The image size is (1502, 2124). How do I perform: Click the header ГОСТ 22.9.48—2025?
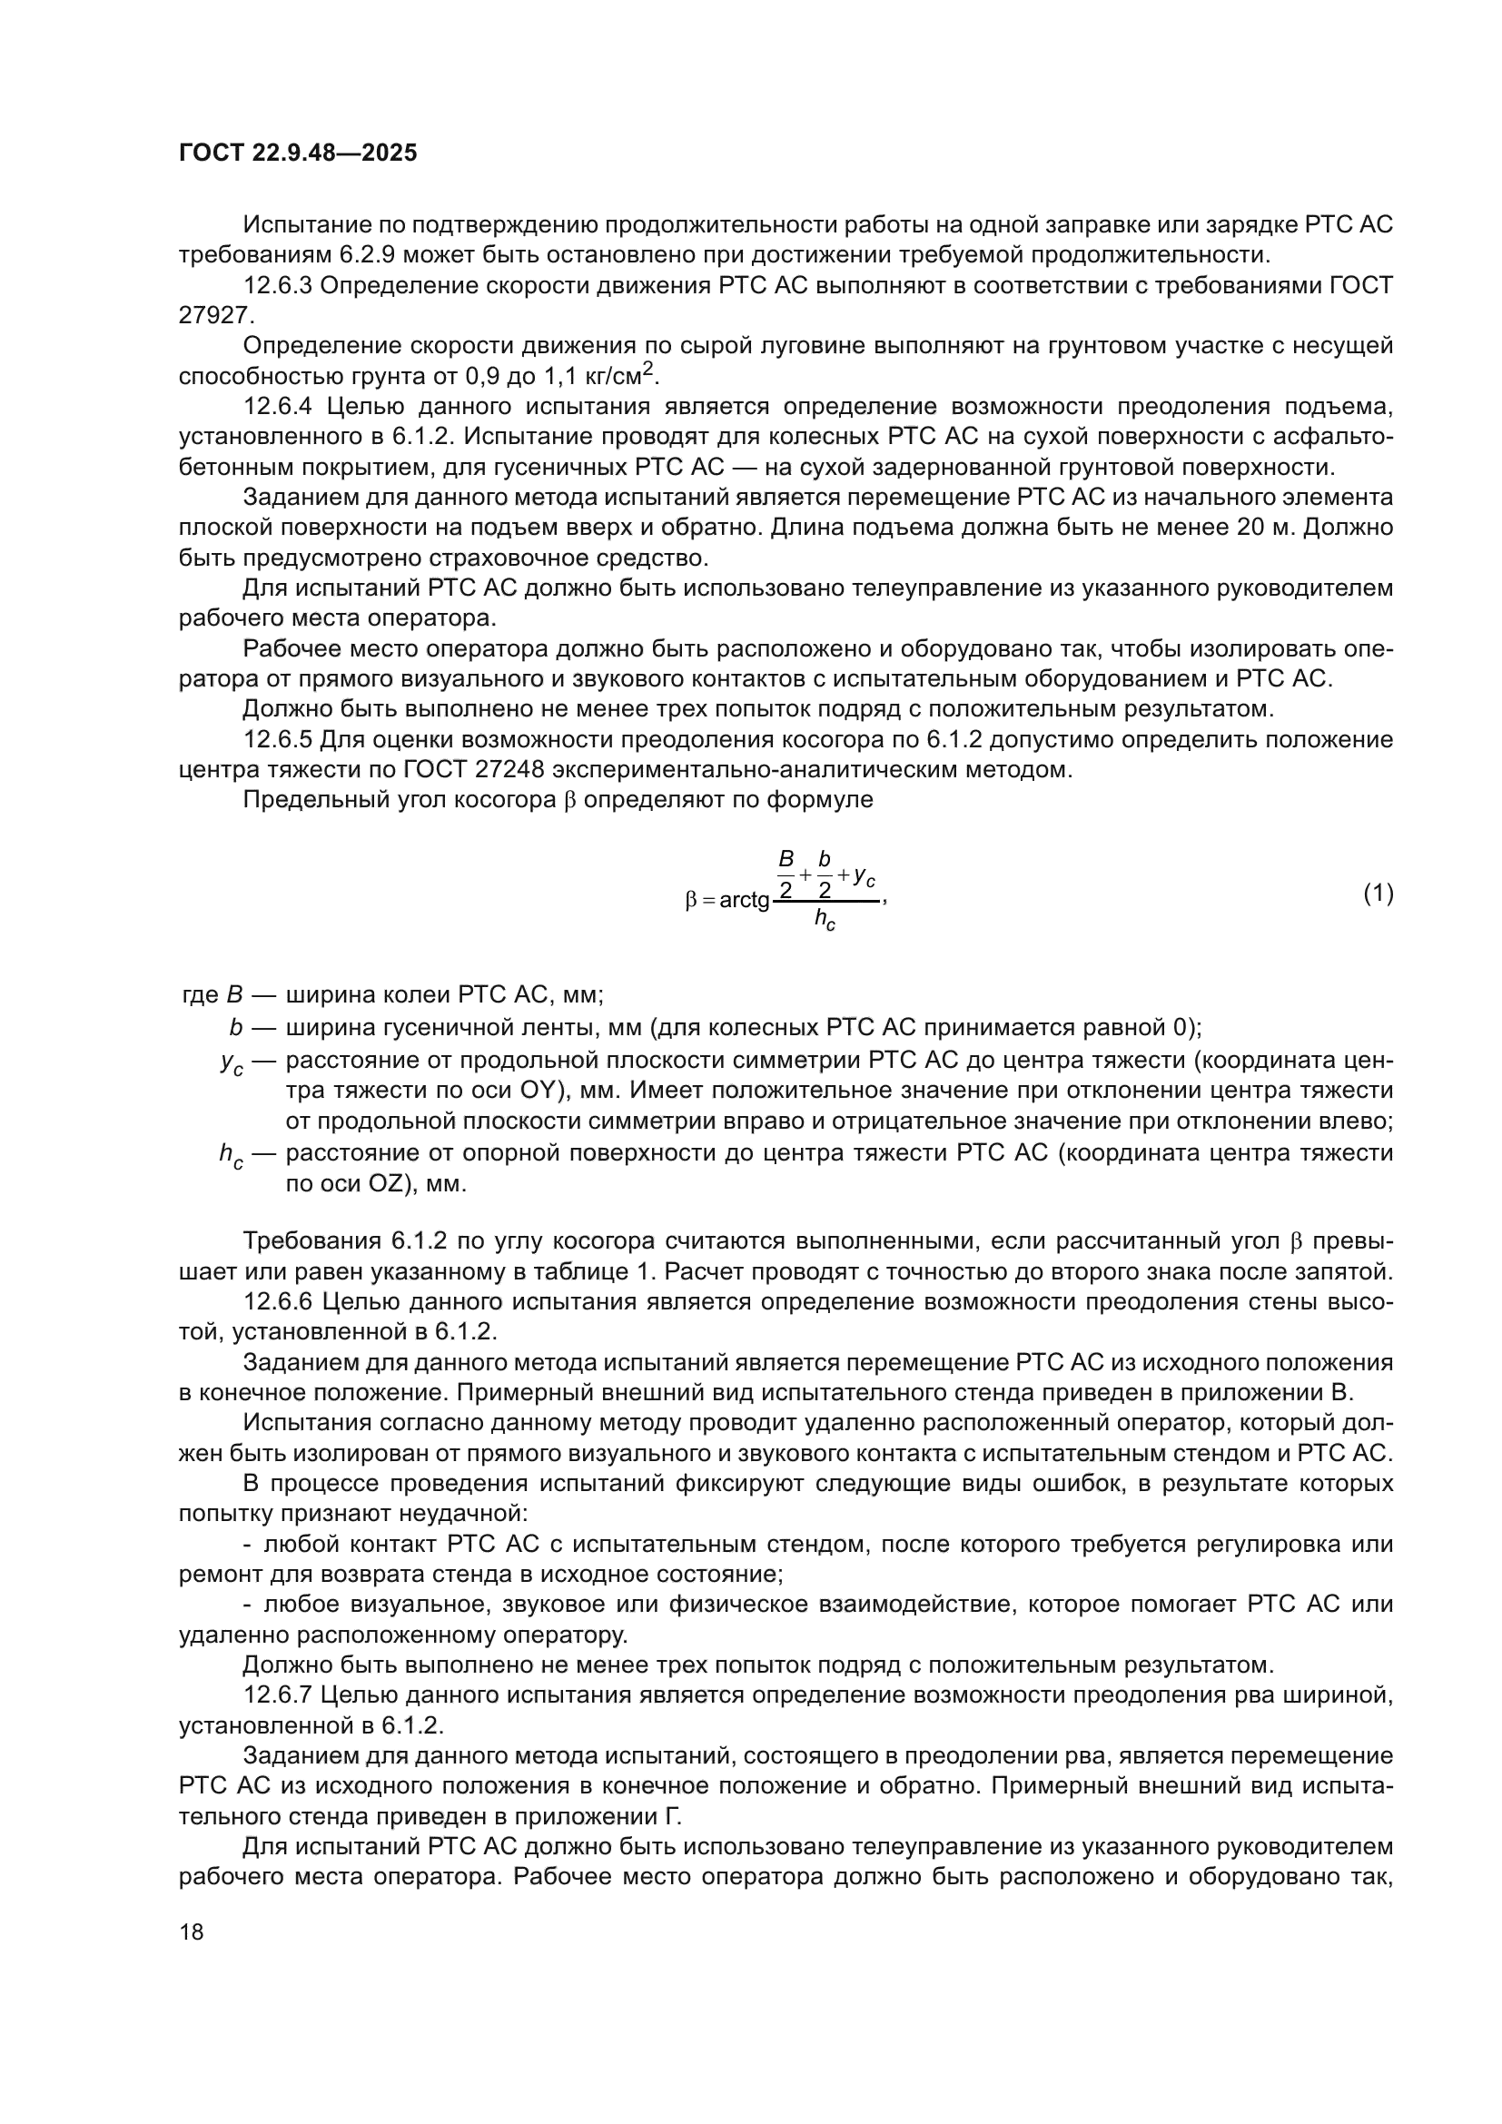(x=298, y=153)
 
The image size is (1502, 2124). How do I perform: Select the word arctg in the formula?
(x=745, y=899)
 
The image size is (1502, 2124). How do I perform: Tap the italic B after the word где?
(x=234, y=995)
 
